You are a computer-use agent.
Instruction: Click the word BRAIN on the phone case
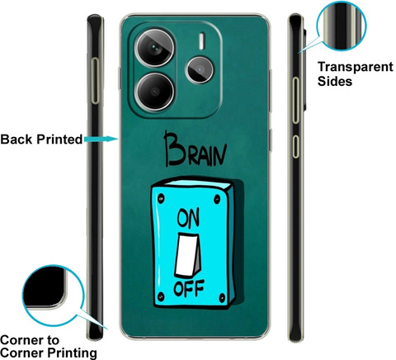coord(195,149)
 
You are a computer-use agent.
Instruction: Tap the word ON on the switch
coord(188,218)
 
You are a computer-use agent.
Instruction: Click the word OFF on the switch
coord(189,288)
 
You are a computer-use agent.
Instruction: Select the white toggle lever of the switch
coord(187,255)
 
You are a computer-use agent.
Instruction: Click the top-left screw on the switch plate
coord(161,198)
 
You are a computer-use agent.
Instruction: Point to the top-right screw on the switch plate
coord(217,199)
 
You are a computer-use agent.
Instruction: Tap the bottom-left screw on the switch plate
coord(161,296)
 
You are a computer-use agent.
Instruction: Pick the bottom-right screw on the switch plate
coord(222,297)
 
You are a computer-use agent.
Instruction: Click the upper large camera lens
coord(155,48)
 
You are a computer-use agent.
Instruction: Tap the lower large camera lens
coord(155,91)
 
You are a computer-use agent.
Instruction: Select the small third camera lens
coord(200,70)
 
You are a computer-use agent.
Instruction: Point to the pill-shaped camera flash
coord(201,41)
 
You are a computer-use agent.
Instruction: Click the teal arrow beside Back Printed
coord(101,139)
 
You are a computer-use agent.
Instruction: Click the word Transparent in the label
coord(356,67)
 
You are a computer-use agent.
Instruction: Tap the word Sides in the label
coord(335,81)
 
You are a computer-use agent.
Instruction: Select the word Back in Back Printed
coord(16,140)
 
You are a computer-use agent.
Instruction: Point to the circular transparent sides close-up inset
coord(342,26)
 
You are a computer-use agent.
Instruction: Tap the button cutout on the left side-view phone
coord(96,81)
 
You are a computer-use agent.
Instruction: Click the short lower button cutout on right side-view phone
coord(295,146)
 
